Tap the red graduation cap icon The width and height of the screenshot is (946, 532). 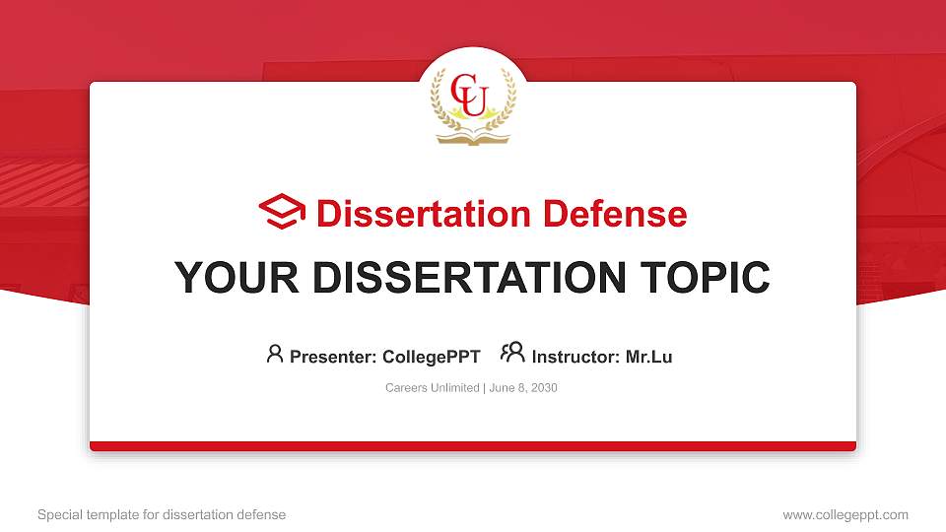(x=282, y=213)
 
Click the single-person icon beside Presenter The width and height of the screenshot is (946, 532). (x=275, y=354)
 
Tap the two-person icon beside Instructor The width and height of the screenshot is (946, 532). (x=512, y=354)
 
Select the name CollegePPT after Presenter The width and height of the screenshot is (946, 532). (x=431, y=357)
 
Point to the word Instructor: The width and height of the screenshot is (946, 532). (x=576, y=357)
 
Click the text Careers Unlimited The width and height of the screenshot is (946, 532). (x=433, y=388)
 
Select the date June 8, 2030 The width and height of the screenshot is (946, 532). (x=523, y=388)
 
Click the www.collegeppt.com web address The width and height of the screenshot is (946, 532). (x=845, y=514)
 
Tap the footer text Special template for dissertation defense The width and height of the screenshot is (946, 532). (x=162, y=514)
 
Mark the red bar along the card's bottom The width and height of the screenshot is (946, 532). (x=473, y=446)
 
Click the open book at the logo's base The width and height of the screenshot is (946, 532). (x=473, y=139)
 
